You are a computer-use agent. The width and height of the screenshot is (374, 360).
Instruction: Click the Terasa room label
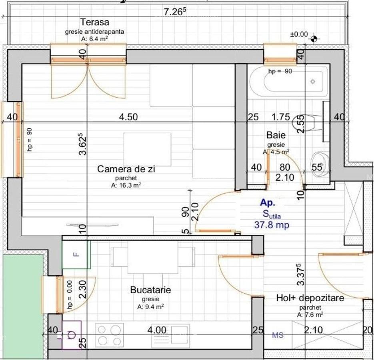[x=95, y=22]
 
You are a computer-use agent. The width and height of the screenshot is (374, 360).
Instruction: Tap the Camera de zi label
[x=126, y=169]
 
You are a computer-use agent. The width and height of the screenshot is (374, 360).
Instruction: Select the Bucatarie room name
[x=150, y=290]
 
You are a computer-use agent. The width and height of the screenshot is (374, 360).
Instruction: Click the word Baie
[x=276, y=135]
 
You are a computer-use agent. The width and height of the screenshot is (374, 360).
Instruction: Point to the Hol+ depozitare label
[x=310, y=298]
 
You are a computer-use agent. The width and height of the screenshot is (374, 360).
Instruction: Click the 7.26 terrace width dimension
[x=174, y=12]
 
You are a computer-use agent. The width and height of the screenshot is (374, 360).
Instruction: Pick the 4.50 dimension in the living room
[x=128, y=117]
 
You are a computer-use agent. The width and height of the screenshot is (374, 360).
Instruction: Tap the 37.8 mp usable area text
[x=272, y=225]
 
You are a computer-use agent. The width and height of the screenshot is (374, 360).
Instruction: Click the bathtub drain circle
[x=313, y=82]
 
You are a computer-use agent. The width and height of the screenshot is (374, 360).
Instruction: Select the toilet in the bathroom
[x=308, y=123]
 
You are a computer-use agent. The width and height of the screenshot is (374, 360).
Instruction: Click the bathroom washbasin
[x=320, y=165]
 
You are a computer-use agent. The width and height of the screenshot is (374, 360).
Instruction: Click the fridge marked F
[x=76, y=254]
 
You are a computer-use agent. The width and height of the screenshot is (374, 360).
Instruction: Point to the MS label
[x=278, y=335]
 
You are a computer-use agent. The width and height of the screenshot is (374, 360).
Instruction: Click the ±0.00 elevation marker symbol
[x=314, y=38]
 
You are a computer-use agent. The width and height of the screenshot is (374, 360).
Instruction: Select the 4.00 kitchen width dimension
[x=157, y=330]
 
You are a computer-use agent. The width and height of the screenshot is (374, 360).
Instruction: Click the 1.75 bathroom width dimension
[x=281, y=117]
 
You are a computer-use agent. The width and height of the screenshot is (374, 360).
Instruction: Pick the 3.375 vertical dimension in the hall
[x=301, y=274]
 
